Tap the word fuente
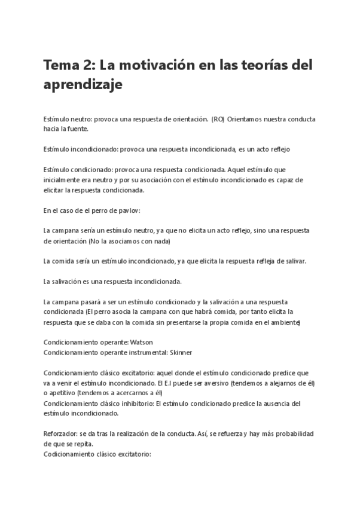(x=78, y=129)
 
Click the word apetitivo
(x=62, y=392)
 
